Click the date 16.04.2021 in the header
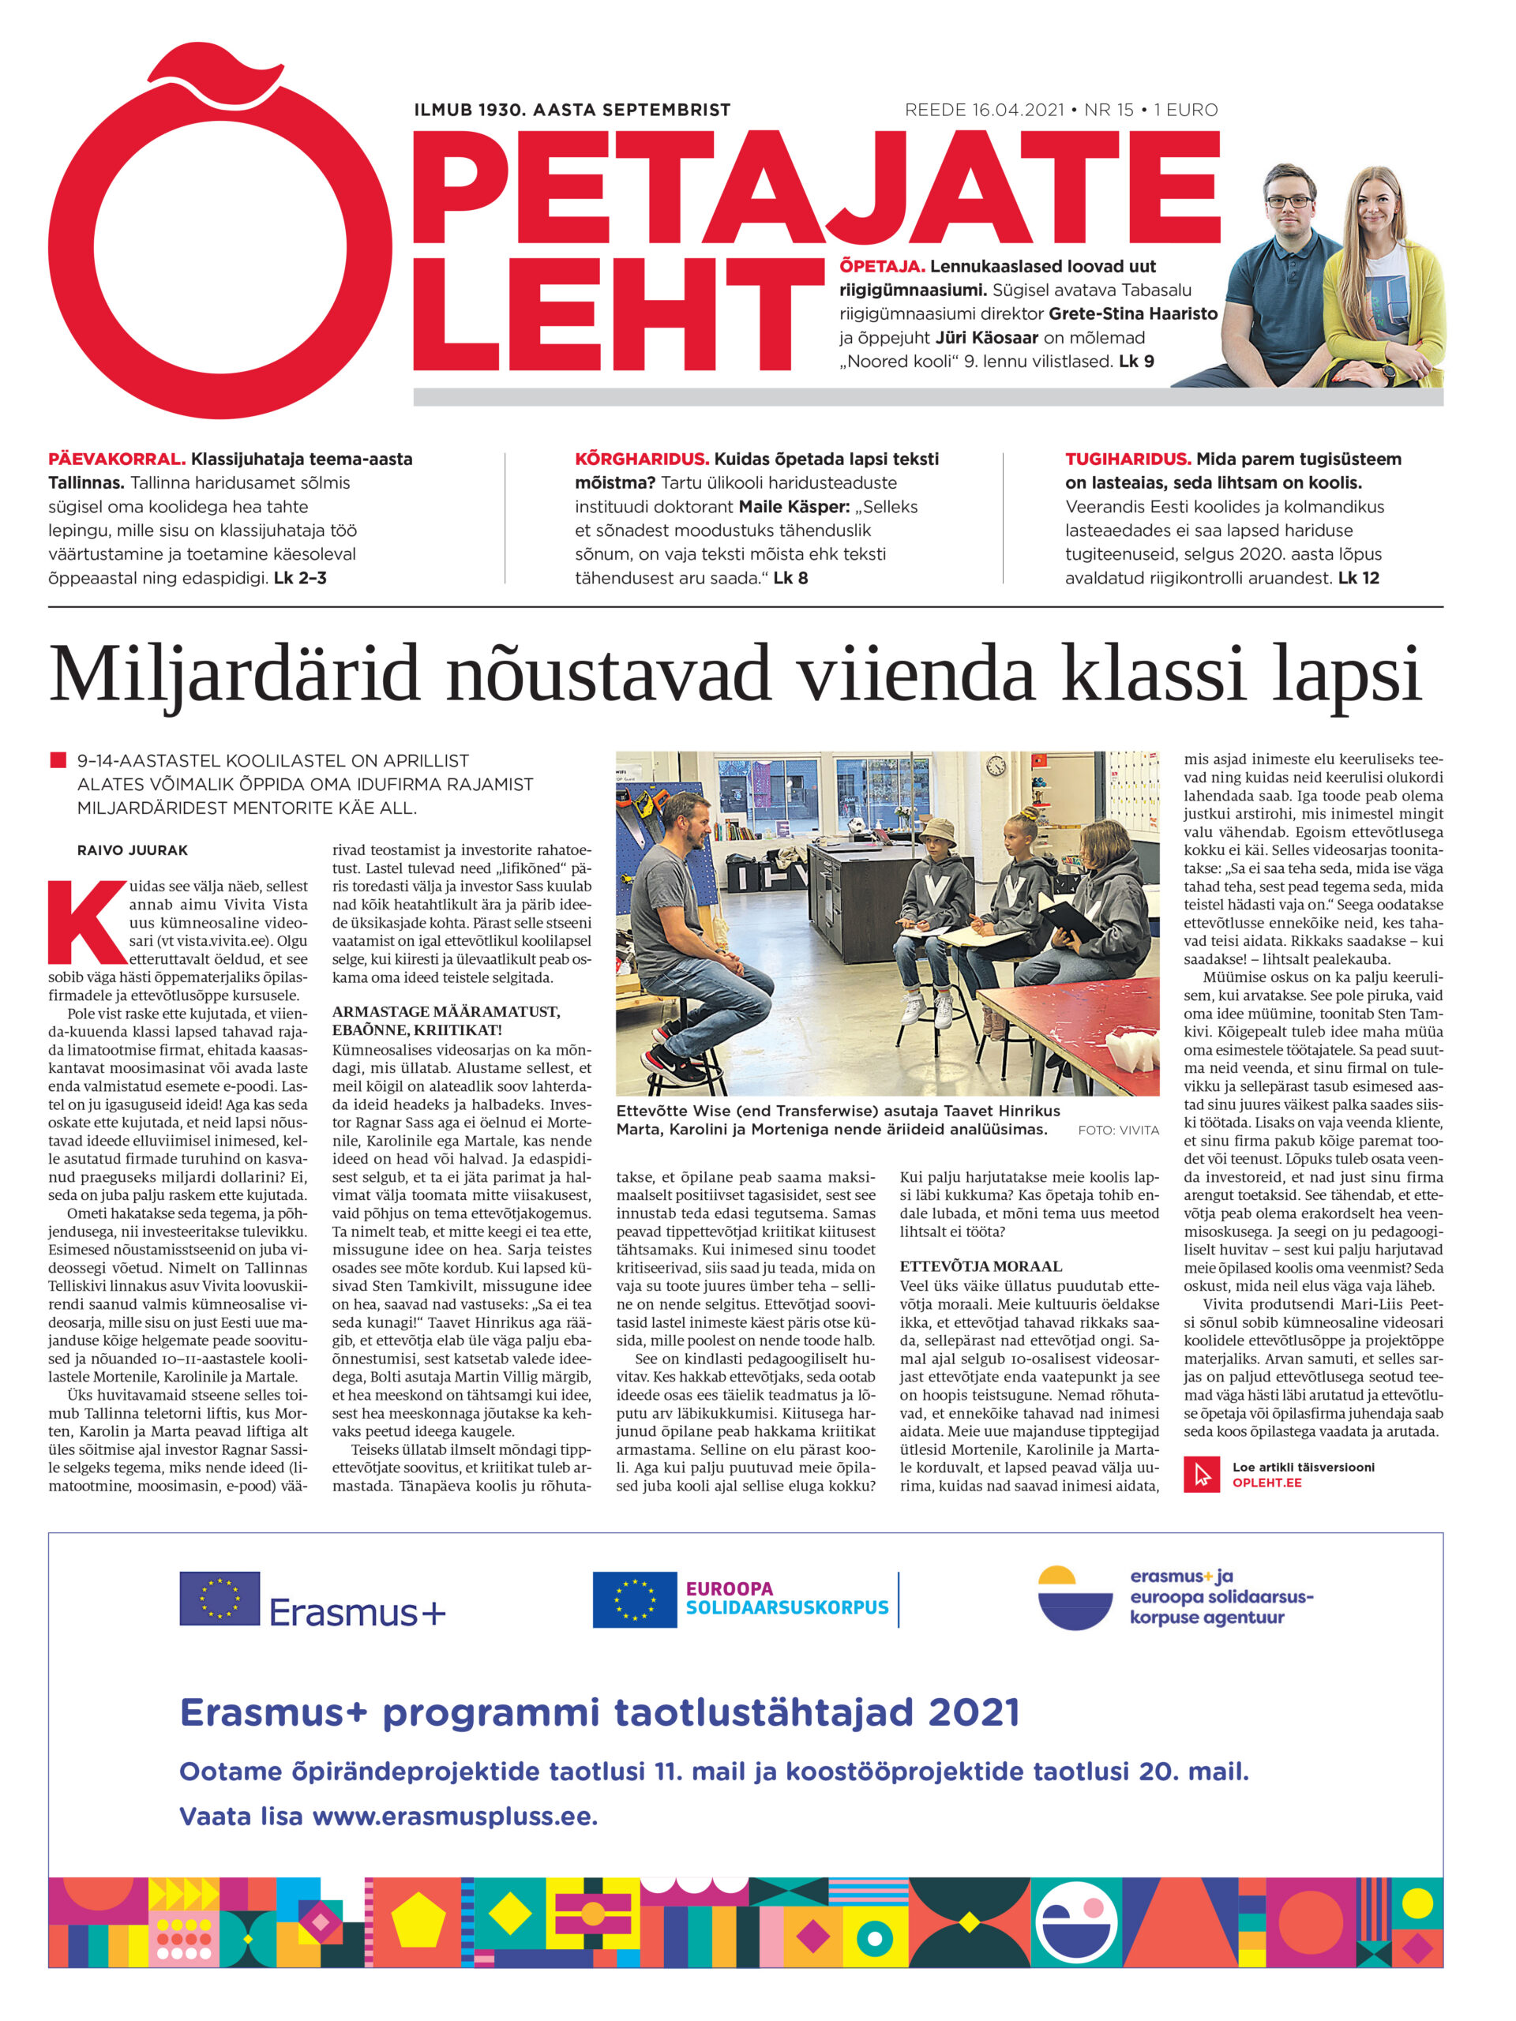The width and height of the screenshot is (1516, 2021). click(1018, 111)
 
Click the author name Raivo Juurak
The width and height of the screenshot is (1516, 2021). click(133, 849)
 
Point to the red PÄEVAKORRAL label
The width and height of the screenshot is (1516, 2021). click(116, 459)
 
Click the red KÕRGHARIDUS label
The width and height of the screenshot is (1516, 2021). click(641, 459)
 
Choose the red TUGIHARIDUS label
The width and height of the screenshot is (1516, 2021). click(1128, 459)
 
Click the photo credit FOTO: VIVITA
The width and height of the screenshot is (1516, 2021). click(1117, 1130)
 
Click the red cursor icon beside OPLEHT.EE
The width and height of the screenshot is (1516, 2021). click(1202, 1475)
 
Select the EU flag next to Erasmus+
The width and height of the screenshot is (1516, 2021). click(220, 1598)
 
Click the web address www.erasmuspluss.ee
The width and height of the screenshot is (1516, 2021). click(454, 1817)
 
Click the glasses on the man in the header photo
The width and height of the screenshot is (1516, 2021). click(1289, 201)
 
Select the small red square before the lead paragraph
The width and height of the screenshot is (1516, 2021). click(58, 760)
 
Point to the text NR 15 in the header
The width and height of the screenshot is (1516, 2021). click(1109, 111)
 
